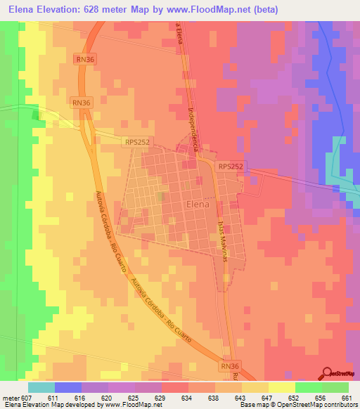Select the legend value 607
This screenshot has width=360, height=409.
[27, 397]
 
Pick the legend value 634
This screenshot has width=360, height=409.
[186, 397]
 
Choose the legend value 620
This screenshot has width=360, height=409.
[106, 397]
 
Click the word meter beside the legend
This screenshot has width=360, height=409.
[11, 397]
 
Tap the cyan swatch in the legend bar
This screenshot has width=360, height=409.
[41, 387]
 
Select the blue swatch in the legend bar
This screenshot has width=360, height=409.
[67, 387]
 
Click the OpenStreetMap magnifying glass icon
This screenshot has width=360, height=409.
[328, 372]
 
